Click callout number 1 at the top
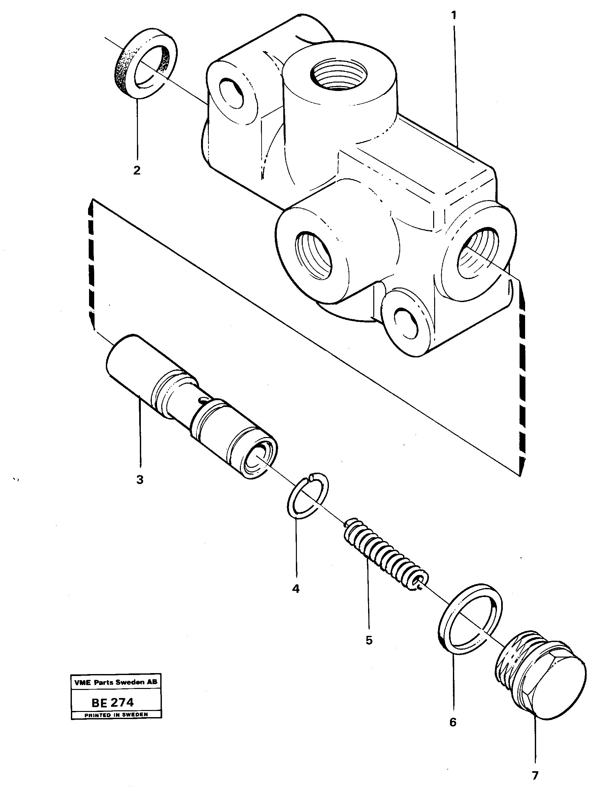click(x=454, y=16)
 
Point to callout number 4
click(x=296, y=588)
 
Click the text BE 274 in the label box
click(x=113, y=702)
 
